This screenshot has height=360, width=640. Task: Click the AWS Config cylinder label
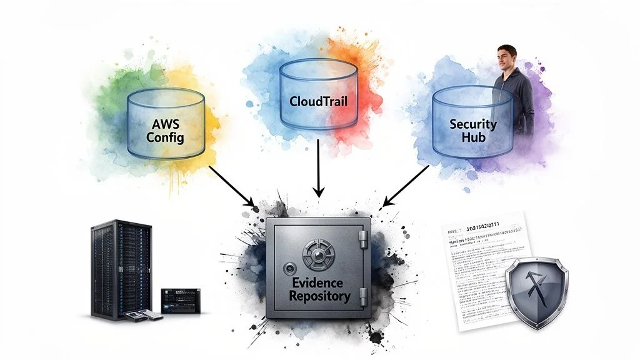(x=165, y=129)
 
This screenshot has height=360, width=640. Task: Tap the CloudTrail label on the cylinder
(x=318, y=100)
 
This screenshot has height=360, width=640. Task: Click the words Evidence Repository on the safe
(x=319, y=289)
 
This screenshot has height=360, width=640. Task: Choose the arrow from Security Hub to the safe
(x=406, y=185)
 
